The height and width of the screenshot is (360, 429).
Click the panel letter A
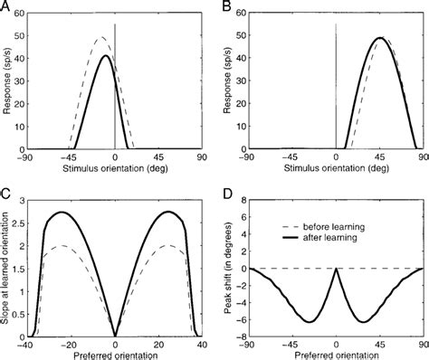tap(5, 6)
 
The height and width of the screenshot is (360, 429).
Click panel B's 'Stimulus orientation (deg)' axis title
tap(336, 169)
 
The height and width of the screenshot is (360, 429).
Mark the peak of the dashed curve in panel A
tap(101, 38)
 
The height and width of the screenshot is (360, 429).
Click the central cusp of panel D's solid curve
tap(336, 269)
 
